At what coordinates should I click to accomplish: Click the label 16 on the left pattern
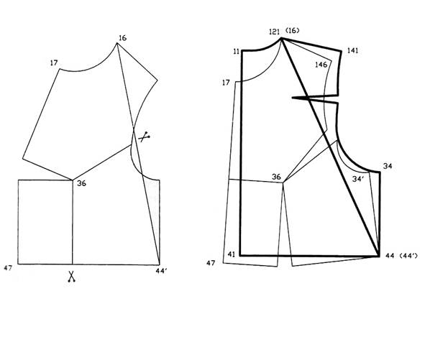122,37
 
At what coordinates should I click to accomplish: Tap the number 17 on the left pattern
54,63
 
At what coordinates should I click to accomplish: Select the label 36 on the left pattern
81,183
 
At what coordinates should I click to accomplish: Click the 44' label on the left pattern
162,271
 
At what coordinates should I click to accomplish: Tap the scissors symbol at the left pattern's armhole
145,137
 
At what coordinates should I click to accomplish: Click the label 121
274,31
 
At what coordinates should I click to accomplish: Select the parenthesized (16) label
291,31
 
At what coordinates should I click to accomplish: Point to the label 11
237,52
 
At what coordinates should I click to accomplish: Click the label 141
352,50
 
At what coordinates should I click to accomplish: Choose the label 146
321,65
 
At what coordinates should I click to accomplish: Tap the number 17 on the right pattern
226,83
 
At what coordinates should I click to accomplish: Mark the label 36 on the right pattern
276,177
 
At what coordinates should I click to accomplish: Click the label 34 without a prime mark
387,166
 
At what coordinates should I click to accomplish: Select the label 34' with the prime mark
358,179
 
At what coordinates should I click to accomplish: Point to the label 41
232,254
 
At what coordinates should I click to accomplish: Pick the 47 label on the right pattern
211,263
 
